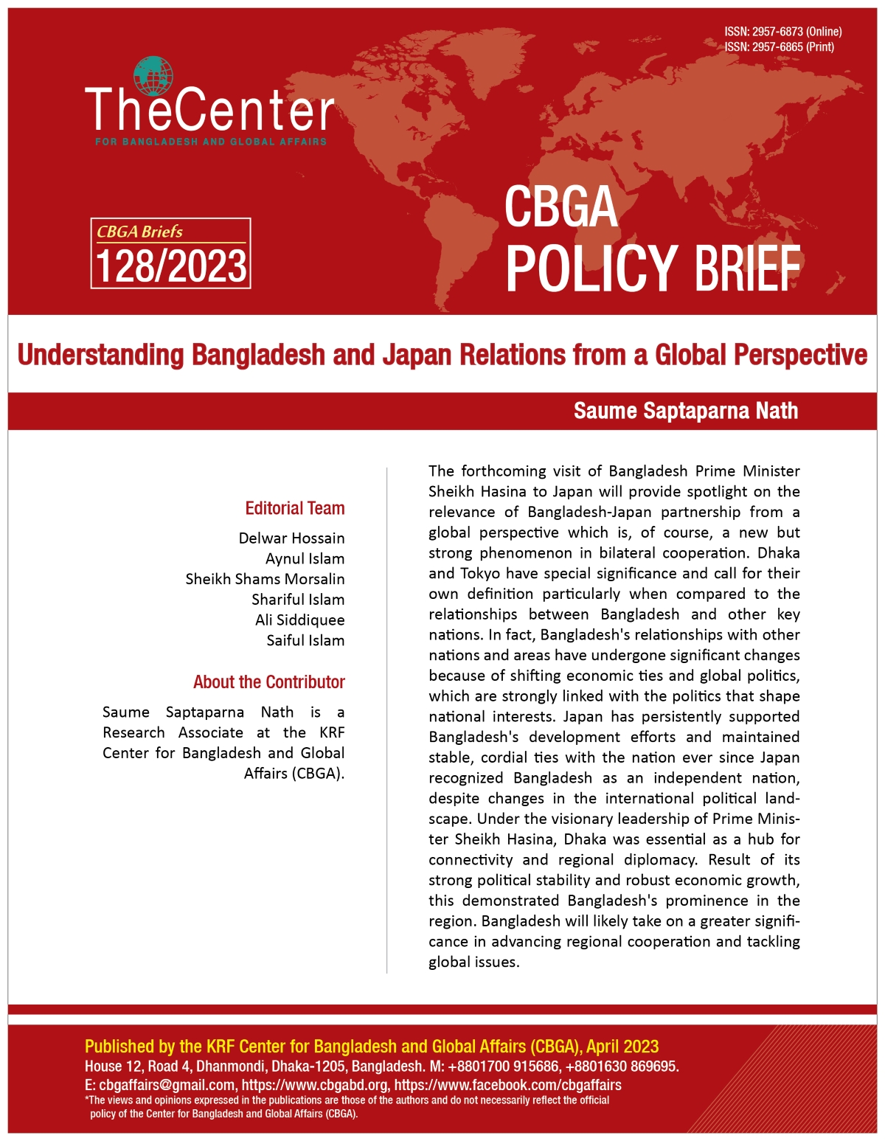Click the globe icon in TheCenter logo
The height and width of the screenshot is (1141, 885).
[153, 76]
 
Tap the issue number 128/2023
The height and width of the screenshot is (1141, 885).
[171, 266]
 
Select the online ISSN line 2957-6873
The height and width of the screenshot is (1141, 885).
[782, 32]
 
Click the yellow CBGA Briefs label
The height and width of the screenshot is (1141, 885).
[140, 232]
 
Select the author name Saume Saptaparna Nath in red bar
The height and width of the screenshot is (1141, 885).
[686, 411]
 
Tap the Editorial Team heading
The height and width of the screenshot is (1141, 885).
[295, 508]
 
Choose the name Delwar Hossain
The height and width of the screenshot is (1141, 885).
[291, 538]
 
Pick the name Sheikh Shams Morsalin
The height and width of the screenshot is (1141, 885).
[265, 579]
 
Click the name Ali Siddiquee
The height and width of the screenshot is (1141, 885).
[299, 620]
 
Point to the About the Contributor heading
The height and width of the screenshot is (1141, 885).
[269, 682]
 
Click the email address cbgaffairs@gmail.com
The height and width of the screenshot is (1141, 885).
[167, 1085]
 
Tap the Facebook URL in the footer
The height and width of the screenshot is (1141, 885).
[507, 1085]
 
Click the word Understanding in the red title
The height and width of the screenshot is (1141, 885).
[100, 356]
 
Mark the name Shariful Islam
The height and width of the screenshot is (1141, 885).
[298, 600]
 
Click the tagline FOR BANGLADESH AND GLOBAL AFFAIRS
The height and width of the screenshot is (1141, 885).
[211, 142]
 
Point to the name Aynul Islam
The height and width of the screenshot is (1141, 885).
[305, 559]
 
